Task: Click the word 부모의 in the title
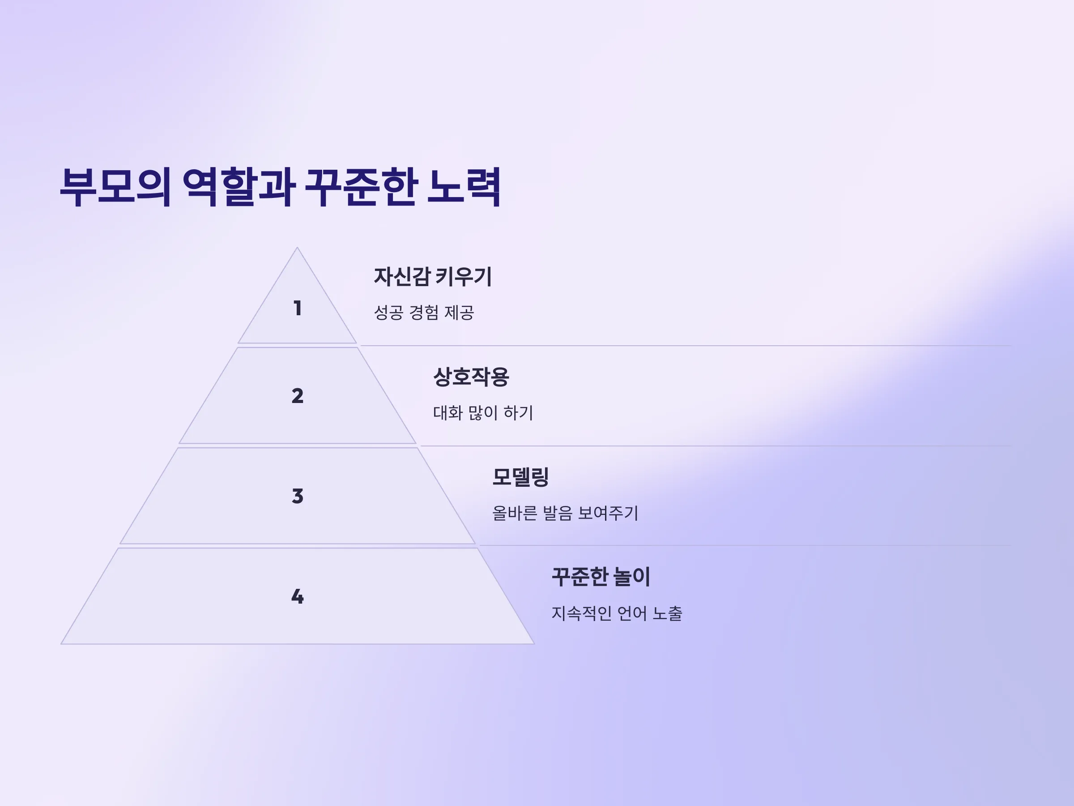click(115, 187)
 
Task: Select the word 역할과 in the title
click(239, 187)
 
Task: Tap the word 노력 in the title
click(464, 187)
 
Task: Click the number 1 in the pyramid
click(298, 308)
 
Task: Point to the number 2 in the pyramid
click(298, 396)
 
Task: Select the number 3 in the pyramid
click(298, 496)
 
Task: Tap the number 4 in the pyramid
click(298, 596)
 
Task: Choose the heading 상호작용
click(471, 377)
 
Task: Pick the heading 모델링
click(520, 477)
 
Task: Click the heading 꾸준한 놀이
click(601, 577)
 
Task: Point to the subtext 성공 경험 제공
click(424, 313)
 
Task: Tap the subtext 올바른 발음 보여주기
click(565, 513)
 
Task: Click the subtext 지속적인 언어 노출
click(617, 613)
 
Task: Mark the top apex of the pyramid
click(297, 248)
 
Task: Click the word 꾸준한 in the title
click(361, 187)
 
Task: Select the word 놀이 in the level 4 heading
click(632, 577)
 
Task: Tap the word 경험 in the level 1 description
click(424, 313)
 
